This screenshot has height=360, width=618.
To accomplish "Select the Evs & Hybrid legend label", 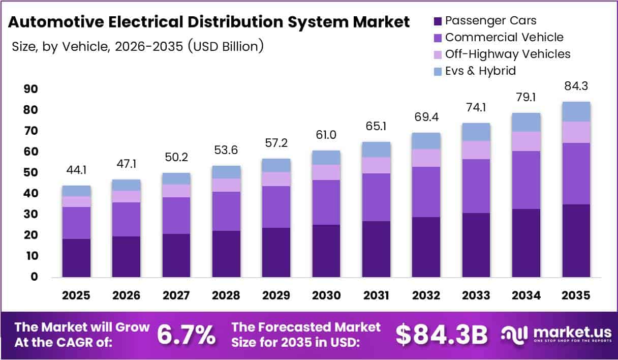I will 480,71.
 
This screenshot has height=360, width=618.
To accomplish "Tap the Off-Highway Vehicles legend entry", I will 508,54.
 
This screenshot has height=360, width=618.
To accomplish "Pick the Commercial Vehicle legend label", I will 504,38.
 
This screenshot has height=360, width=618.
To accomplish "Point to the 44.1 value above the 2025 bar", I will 76,170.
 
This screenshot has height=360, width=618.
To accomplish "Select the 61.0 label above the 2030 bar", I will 326,135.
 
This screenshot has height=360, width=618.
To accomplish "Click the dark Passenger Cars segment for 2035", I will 576,241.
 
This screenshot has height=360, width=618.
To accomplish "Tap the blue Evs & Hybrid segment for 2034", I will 526,122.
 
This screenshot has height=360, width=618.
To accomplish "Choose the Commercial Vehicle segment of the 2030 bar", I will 326,202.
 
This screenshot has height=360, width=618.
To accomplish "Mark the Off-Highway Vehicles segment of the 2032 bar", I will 426,158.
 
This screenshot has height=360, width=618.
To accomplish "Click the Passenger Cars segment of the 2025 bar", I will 76,258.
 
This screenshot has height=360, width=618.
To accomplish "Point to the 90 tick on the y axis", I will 31,89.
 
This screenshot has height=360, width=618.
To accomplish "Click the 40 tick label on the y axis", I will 31,194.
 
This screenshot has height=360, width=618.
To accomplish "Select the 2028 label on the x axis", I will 226,295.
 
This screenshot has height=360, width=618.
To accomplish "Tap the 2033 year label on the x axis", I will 476,295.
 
